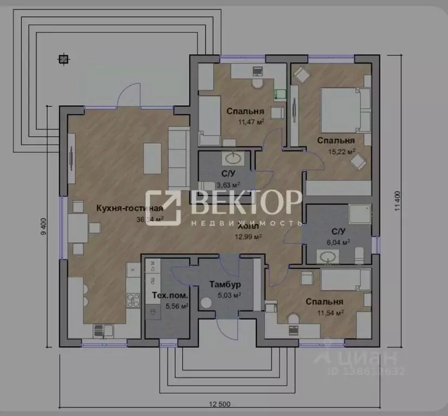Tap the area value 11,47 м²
point(251,122)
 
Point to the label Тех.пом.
point(170,296)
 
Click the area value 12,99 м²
point(248,236)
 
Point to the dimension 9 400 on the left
point(44,227)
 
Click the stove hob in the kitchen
point(132,300)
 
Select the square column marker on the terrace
point(63,59)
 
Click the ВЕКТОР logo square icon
point(164,207)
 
